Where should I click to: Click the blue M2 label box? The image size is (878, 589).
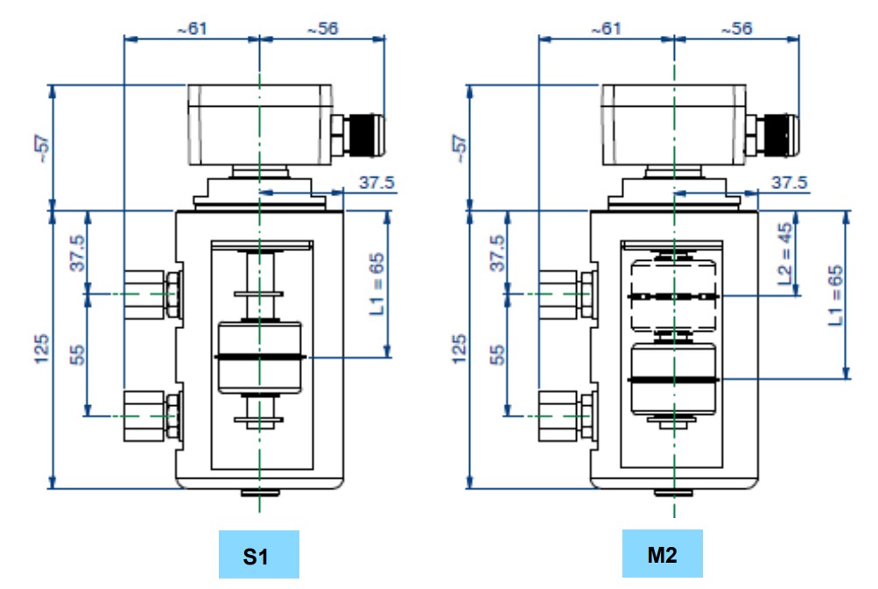pos(662,553)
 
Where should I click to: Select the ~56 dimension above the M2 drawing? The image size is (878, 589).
pos(736,28)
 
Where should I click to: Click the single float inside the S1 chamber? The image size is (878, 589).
pos(259,357)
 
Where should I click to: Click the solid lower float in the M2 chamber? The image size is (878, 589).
pos(674,378)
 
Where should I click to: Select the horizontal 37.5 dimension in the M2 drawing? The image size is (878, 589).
pos(789,182)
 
